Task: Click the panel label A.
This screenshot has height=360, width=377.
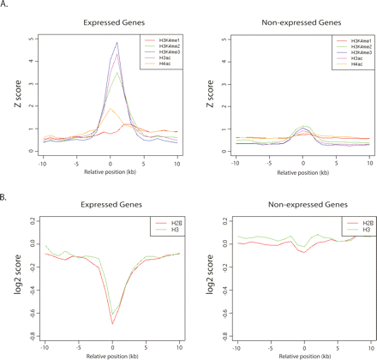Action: click(6, 5)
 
